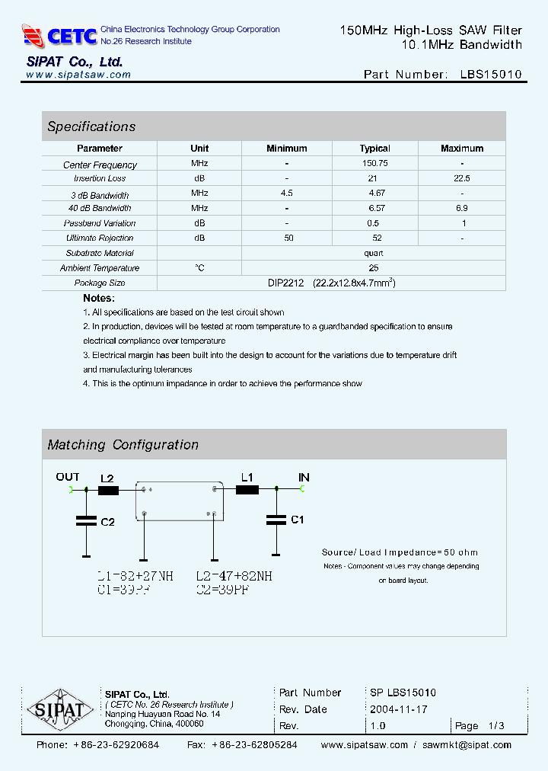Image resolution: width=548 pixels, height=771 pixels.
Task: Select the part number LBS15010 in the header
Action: [x=491, y=75]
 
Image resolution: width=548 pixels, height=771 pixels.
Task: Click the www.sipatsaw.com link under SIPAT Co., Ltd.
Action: [x=78, y=75]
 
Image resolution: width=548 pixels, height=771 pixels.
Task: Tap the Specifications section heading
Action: [x=91, y=126]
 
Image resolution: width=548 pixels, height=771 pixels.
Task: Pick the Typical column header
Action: [x=374, y=149]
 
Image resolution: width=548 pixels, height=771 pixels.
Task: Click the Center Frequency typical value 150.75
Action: [x=374, y=164]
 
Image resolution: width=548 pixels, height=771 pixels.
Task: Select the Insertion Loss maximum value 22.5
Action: [x=461, y=178]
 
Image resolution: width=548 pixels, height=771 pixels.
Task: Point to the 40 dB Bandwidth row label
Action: [x=100, y=208]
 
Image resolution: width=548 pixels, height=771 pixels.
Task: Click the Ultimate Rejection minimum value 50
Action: [x=288, y=238]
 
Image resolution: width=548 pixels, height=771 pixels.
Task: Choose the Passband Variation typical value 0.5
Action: [x=373, y=223]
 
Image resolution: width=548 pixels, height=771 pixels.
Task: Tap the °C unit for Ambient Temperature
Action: [x=199, y=267]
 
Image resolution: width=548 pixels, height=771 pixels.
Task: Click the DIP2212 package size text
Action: [x=285, y=283]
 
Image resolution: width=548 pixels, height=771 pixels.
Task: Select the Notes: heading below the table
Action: [x=99, y=298]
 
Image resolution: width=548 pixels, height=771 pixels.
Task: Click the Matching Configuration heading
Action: [x=123, y=445]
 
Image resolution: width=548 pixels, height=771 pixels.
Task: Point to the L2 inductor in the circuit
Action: [x=108, y=491]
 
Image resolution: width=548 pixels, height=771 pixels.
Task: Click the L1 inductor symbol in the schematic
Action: [x=247, y=490]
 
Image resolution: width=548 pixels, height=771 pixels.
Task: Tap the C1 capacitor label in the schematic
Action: [x=298, y=520]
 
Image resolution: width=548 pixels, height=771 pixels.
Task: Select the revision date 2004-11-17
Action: [x=399, y=709]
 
